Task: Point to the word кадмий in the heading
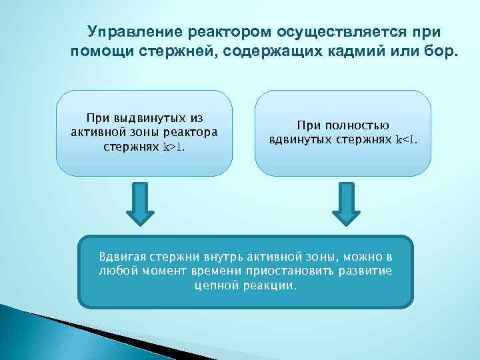(383, 52)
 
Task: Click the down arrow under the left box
(140, 205)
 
